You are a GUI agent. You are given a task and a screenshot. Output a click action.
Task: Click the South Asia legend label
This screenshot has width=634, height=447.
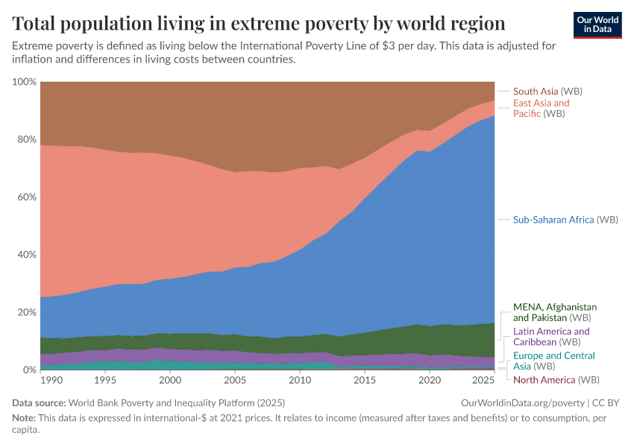[x=547, y=91]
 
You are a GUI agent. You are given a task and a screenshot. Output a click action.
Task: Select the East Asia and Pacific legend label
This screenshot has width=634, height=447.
[x=541, y=108]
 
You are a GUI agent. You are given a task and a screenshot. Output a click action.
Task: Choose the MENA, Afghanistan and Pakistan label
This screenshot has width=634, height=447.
[x=555, y=312]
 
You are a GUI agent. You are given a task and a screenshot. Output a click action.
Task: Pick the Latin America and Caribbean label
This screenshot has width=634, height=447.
[x=551, y=337]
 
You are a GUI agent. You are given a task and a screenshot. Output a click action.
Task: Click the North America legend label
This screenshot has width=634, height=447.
[x=556, y=380]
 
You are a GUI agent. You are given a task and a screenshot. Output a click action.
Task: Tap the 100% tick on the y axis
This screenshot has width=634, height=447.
[x=24, y=81]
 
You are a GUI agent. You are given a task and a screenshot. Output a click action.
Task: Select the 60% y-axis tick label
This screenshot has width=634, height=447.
[x=26, y=197]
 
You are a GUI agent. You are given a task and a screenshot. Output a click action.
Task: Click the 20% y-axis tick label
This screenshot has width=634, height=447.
[x=26, y=312]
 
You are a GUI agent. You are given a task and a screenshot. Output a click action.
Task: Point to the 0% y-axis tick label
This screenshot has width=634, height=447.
[x=28, y=370]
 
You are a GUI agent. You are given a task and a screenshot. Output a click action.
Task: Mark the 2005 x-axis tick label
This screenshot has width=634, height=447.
[x=235, y=381]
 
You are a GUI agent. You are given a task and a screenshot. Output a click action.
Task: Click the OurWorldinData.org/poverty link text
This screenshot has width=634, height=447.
[x=521, y=402]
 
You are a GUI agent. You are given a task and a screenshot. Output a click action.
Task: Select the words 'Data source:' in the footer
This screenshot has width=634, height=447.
[x=37, y=402]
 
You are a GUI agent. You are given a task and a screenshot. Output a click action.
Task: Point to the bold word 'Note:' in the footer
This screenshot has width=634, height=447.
[x=25, y=418]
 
